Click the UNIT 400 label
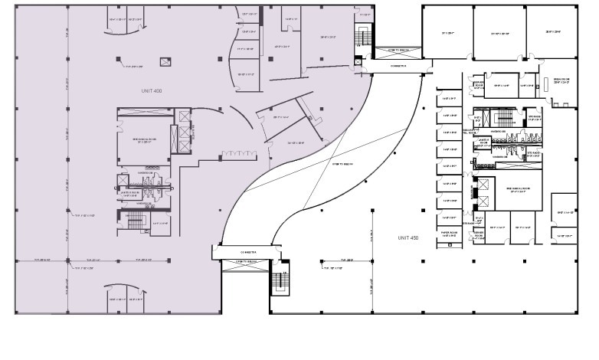pos(152,91)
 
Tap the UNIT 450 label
pos(409,238)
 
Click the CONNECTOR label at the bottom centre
pos(247,250)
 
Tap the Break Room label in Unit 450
pos(557,80)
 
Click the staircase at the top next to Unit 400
pos(362,34)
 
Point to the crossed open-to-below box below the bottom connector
pos(246,265)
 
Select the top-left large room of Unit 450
pos(447,33)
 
